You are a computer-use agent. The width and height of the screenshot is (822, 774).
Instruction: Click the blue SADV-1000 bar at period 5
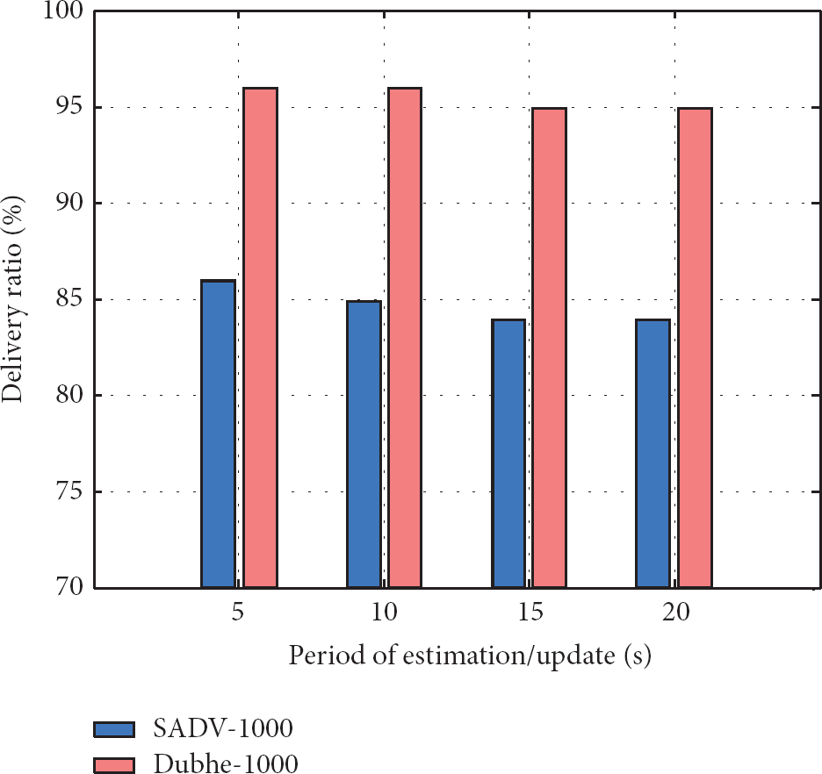(218, 434)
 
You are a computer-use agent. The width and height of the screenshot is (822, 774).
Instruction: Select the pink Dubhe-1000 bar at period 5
(261, 338)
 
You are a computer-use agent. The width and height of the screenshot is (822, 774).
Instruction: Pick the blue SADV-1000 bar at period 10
(364, 444)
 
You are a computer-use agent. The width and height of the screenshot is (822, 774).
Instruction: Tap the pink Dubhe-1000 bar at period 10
(405, 338)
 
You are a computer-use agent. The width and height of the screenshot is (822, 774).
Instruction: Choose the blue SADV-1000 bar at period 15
(508, 454)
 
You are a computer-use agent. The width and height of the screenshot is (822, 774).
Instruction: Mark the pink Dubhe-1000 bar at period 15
(550, 348)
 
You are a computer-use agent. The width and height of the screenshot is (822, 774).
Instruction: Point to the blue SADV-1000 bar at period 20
(653, 454)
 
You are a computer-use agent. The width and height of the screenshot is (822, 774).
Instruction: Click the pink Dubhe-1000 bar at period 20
(695, 348)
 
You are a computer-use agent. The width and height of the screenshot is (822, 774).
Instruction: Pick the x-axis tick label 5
(238, 613)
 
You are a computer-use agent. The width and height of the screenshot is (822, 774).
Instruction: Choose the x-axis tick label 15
(530, 613)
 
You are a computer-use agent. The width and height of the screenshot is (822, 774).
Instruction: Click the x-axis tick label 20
(675, 613)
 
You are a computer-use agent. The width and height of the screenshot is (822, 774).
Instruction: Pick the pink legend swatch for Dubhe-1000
(114, 764)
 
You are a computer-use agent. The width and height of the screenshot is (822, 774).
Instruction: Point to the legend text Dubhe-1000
(226, 764)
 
